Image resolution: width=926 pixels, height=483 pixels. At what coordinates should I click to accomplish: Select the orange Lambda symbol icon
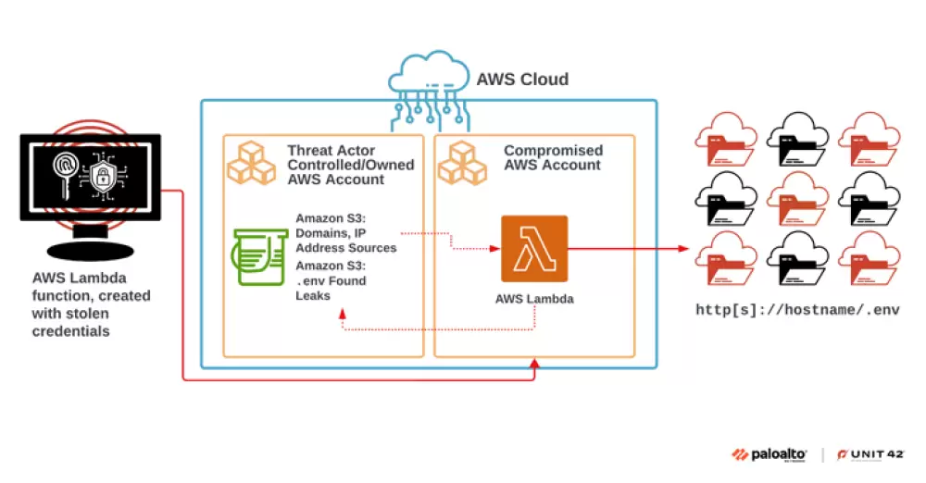point(533,248)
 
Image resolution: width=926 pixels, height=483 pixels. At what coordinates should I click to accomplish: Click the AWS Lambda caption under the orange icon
point(533,298)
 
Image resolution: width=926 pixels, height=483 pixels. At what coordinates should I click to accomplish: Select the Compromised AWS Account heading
point(553,157)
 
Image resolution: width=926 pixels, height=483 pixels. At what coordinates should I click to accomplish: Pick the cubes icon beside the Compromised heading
point(462,163)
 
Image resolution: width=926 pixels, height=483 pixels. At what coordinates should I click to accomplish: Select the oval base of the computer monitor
point(90,248)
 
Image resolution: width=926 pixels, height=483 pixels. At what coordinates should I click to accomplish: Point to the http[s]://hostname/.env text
point(797,310)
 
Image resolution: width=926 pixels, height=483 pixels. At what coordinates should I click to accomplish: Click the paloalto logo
point(770,454)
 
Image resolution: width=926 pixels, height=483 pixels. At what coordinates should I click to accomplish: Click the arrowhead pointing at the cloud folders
point(684,248)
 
